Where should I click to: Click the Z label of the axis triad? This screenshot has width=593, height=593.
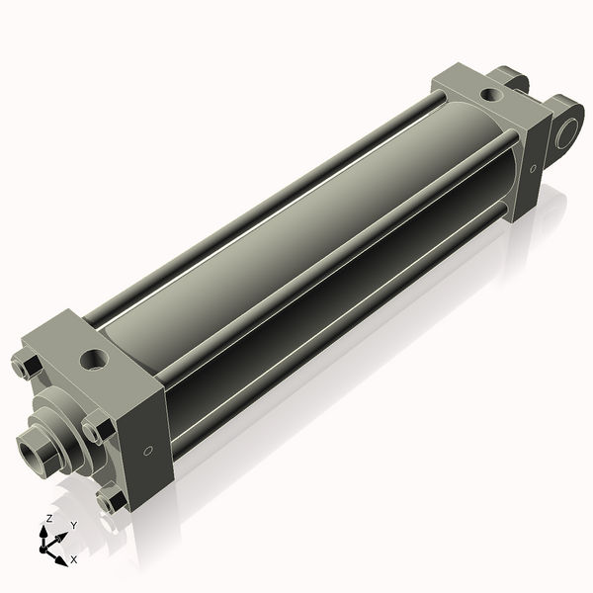48,519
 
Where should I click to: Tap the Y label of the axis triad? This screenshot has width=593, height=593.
74,526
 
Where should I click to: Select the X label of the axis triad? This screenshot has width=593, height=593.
74,559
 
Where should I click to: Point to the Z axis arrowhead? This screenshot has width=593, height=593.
43,532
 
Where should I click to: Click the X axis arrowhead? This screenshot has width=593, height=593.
61,560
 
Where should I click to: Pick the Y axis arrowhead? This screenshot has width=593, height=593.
61,537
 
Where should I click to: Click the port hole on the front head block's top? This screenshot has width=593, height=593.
95,359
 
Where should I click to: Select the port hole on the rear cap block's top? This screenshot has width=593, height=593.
491,94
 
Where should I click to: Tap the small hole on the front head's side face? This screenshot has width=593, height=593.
148,451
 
